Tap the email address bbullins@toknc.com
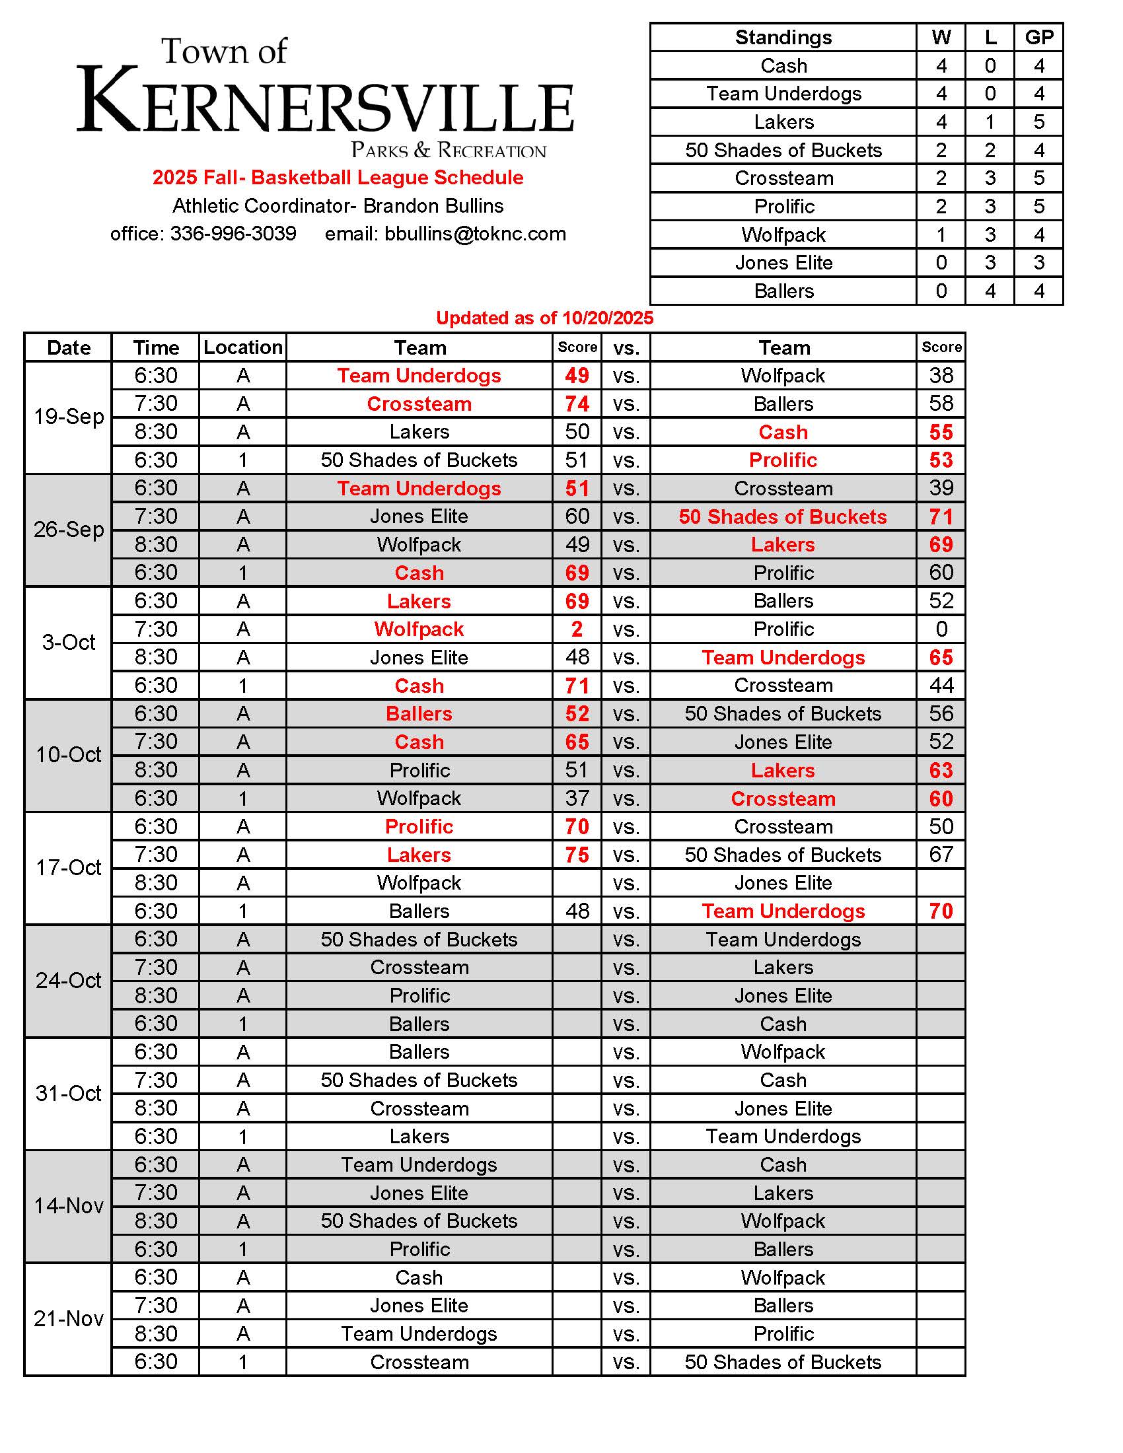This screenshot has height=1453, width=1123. coord(475,234)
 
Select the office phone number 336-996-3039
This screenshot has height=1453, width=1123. coord(233,234)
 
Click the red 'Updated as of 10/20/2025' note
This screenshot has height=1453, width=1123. coord(544,318)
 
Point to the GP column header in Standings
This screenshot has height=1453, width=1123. coord(1038,37)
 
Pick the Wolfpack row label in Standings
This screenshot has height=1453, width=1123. coord(783,235)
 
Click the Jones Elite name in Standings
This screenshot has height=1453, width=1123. coord(783,263)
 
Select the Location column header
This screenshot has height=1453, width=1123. coord(243,347)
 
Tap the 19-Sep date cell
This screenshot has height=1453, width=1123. coord(69,417)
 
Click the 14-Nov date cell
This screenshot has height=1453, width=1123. coord(69,1205)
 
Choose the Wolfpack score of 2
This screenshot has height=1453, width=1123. coord(577,629)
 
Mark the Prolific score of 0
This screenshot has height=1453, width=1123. coord(941,629)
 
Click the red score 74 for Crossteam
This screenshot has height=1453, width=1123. coord(577,404)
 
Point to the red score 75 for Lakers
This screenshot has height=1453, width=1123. coord(577,855)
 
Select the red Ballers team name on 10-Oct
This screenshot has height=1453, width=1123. coord(419,714)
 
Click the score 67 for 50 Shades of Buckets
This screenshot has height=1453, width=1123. coord(941,855)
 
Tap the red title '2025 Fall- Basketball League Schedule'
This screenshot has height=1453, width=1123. coord(338,178)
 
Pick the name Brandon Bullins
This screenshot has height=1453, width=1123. coord(433,206)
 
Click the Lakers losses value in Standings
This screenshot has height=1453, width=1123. coord(990,122)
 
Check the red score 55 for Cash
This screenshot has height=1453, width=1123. coord(941,433)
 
